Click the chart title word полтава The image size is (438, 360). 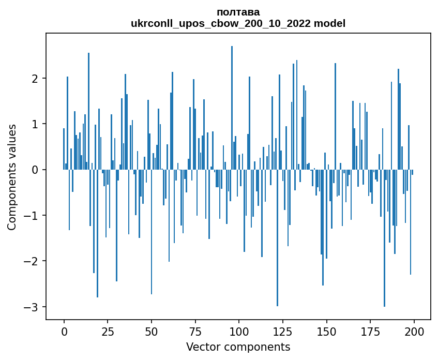point(238,12)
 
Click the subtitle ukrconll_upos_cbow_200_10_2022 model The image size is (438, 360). point(238,23)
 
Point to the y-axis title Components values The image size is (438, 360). point(12,177)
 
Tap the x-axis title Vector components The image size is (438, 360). point(238,347)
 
